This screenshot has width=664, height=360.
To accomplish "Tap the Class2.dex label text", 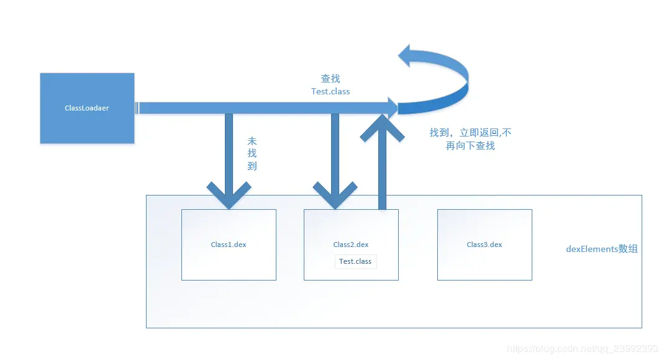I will [351, 245].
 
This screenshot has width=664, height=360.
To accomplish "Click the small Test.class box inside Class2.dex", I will [355, 261].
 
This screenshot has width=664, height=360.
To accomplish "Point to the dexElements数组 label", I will [601, 249].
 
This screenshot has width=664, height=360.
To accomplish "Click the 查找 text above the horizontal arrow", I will [330, 79].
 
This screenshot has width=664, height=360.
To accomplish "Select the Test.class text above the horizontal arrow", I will [330, 91].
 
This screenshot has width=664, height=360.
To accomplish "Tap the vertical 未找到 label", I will [252, 154].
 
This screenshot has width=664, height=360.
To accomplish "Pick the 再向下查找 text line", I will [470, 146].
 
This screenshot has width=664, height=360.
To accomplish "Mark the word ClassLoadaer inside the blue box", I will [87, 108].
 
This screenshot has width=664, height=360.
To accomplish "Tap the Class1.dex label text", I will [229, 245].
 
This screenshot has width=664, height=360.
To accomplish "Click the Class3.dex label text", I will [484, 245].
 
